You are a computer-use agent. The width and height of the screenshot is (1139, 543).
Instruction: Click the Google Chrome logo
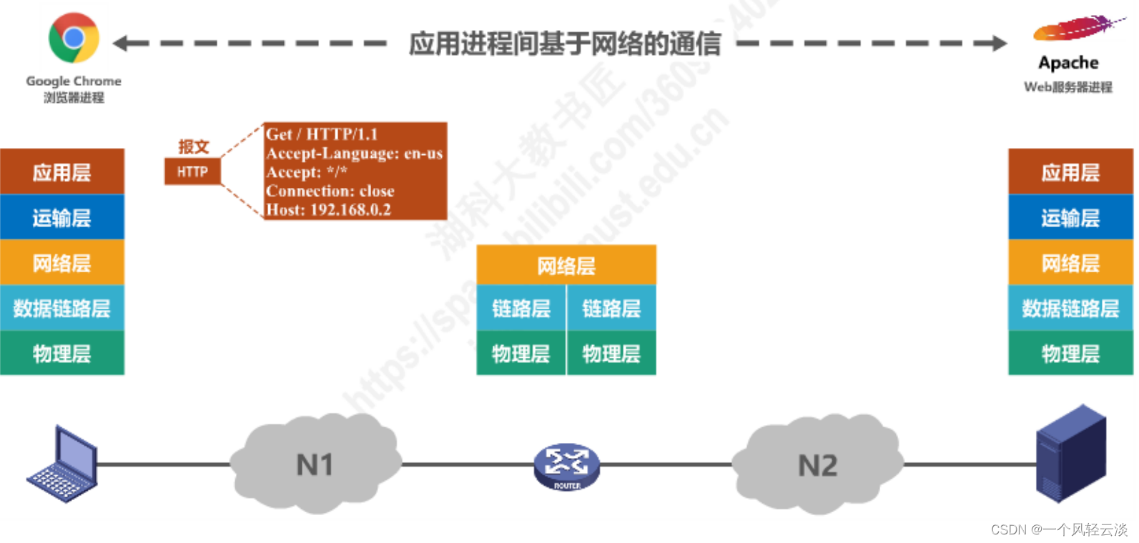pyautogui.click(x=74, y=37)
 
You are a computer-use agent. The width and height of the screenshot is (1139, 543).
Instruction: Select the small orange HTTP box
pyautogui.click(x=192, y=171)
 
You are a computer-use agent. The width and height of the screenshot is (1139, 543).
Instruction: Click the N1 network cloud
pyautogui.click(x=315, y=464)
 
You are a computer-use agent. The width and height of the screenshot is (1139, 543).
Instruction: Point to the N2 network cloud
pyautogui.click(x=817, y=465)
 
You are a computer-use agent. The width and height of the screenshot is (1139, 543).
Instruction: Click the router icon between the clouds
pyautogui.click(x=566, y=467)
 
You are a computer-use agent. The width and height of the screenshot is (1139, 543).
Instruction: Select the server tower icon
pyautogui.click(x=1070, y=454)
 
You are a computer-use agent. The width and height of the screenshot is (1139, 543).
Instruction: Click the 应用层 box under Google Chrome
pyautogui.click(x=62, y=171)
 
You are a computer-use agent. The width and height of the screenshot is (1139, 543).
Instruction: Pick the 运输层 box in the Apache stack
pyautogui.click(x=1070, y=217)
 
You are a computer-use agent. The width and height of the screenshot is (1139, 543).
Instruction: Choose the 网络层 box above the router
pyautogui.click(x=566, y=266)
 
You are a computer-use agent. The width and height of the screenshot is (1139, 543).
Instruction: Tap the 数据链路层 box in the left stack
pyautogui.click(x=62, y=309)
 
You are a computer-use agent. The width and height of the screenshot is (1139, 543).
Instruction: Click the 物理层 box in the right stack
pyautogui.click(x=1070, y=353)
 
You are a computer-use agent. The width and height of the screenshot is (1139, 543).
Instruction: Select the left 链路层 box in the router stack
pyautogui.click(x=521, y=309)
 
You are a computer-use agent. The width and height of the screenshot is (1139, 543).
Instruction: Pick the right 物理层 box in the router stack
pyautogui.click(x=611, y=353)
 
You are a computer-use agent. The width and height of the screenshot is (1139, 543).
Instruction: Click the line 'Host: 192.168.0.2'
pyautogui.click(x=328, y=210)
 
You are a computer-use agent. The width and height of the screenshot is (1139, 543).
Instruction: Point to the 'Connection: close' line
pyautogui.click(x=330, y=191)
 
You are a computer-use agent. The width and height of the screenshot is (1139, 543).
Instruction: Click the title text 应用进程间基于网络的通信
pyautogui.click(x=564, y=44)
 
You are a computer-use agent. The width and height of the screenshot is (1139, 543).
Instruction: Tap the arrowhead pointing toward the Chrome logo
pyautogui.click(x=122, y=44)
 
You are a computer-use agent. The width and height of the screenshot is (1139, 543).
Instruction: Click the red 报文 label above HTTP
pyautogui.click(x=193, y=146)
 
